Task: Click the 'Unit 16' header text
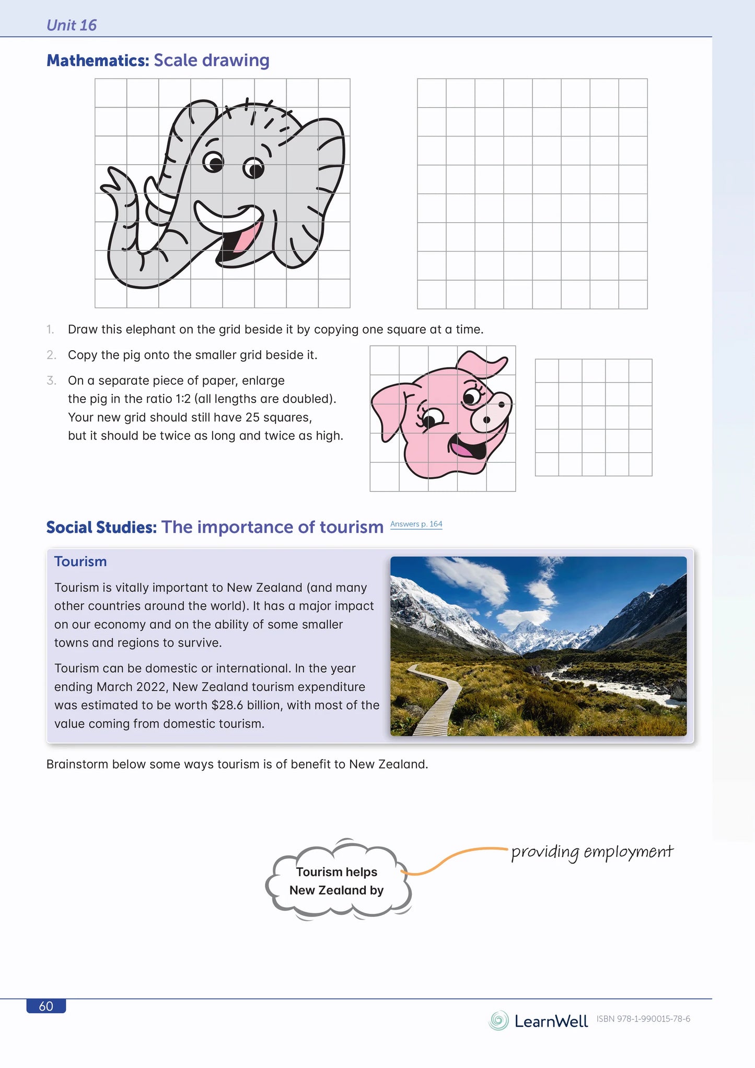tap(72, 25)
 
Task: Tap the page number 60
tap(46, 1006)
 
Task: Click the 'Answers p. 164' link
tap(416, 524)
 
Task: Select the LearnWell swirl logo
tap(498, 1020)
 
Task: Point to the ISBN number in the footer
tap(643, 1019)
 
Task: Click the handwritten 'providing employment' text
tap(591, 852)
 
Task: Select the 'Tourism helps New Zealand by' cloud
tap(337, 881)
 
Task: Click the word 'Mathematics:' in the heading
tap(98, 61)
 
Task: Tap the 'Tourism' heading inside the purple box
tap(80, 561)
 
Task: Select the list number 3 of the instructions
tap(51, 381)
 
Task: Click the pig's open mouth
tap(467, 448)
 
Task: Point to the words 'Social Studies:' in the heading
tap(101, 527)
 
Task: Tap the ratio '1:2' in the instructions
tap(183, 399)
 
